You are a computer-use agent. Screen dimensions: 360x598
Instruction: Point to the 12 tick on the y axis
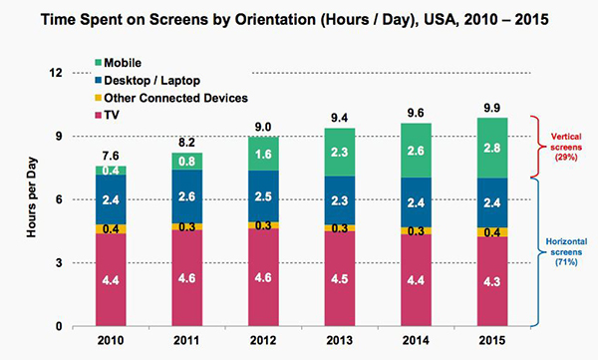pyautogui.click(x=56, y=73)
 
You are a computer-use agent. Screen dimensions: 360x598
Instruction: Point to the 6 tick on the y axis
pyautogui.click(x=59, y=199)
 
